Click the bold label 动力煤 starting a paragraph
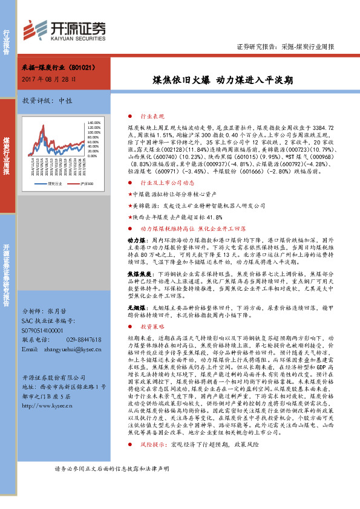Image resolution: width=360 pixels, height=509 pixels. [x=135, y=241]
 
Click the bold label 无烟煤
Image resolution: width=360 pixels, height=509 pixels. [x=135, y=308]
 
